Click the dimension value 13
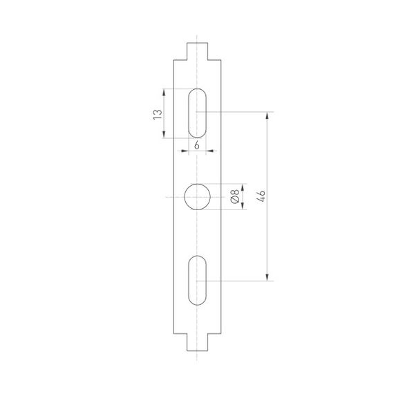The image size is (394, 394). coord(158,113)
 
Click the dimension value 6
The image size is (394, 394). coord(197,145)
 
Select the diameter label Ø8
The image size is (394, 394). coord(235,197)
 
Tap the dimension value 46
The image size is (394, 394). coord(261,196)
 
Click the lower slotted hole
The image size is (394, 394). coord(197,279)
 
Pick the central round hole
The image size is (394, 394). coord(197,197)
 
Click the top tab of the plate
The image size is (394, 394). coord(197,50)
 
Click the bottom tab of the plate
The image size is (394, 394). coord(197,342)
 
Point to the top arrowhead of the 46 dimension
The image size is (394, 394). coord(268,115)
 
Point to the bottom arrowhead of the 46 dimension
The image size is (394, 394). coord(268,277)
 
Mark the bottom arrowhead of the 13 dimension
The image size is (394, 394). coord(164,135)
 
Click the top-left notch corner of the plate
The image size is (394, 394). coord(187,59)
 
